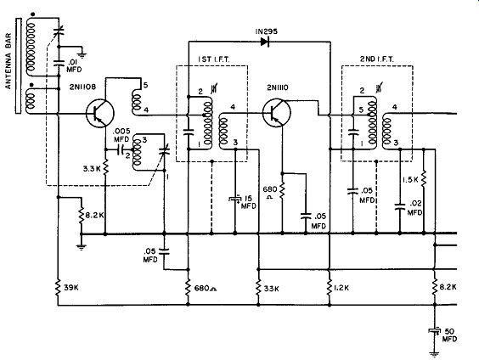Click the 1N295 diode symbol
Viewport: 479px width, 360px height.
[265, 42]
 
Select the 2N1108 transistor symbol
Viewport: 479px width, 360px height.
[100, 113]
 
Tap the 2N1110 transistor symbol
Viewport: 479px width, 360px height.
[277, 112]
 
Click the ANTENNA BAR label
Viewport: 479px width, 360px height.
[8, 61]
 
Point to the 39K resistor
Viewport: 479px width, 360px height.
[58, 288]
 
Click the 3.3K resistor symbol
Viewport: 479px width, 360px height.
[105, 167]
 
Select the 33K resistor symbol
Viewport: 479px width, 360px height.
[258, 287]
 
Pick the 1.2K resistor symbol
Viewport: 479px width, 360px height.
[330, 287]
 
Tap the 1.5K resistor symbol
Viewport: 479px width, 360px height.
[424, 179]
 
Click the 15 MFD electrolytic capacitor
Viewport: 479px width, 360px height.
[235, 200]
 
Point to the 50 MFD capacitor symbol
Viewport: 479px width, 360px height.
[434, 331]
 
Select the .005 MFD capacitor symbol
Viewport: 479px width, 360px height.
[120, 149]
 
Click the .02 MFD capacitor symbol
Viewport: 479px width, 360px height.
[400, 206]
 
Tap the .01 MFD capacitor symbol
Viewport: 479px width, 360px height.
[59, 63]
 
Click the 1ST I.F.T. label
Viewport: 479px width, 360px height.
[213, 59]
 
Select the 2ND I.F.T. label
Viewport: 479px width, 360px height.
[377, 59]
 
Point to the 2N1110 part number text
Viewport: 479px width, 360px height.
[278, 87]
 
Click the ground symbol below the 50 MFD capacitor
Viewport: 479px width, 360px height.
[434, 354]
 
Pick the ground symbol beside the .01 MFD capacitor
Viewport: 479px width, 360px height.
[82, 55]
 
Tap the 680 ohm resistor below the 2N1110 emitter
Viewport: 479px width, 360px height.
[282, 189]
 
